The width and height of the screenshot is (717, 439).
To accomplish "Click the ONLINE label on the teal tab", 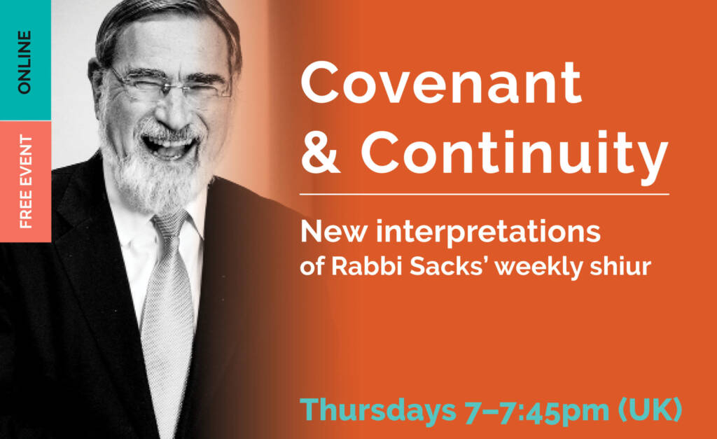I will [25, 62].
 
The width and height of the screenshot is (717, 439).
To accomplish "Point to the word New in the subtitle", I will [326, 232].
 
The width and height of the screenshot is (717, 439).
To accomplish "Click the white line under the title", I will [484, 193].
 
